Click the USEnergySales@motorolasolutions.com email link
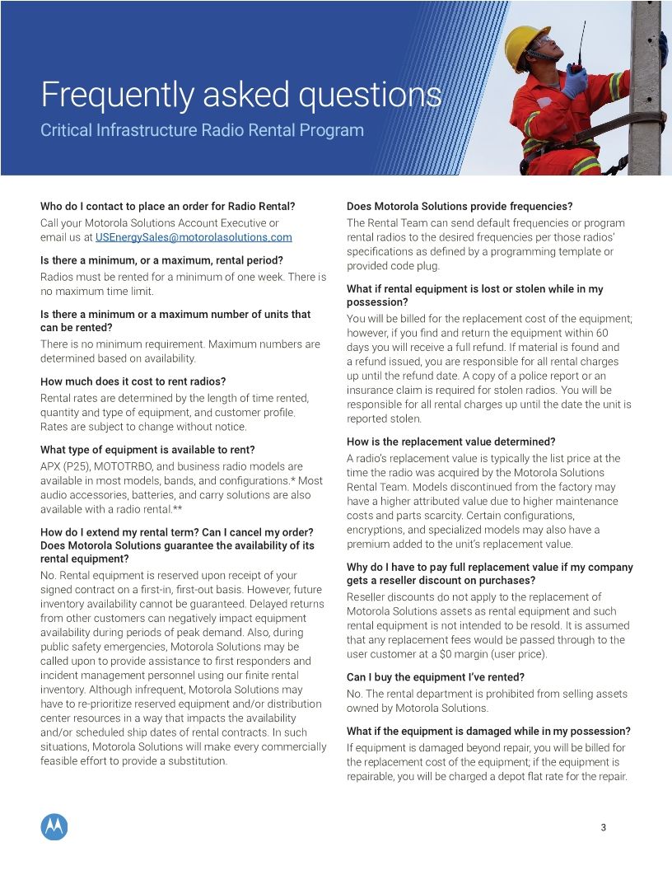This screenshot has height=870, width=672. [194, 237]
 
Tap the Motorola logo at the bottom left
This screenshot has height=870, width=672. [54, 826]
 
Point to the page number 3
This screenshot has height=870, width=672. [604, 827]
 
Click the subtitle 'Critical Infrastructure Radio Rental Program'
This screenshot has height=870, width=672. [202, 130]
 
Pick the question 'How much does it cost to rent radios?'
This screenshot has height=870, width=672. [133, 381]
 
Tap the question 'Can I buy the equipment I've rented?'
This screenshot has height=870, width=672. [436, 677]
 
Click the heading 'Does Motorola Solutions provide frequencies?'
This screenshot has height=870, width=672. [460, 206]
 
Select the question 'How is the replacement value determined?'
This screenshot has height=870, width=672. [451, 442]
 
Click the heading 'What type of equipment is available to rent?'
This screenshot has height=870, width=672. [147, 450]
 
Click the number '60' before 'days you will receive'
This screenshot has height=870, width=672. [602, 333]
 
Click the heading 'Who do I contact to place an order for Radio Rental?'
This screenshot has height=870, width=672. [167, 206]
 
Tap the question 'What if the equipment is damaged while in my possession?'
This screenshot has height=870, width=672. [488, 732]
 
